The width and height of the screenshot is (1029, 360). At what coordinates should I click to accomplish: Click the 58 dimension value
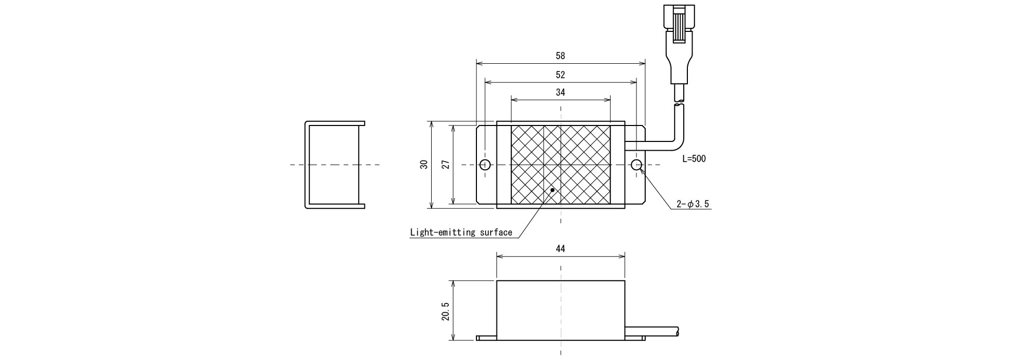point(560,56)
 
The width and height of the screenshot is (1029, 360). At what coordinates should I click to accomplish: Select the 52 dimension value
point(560,75)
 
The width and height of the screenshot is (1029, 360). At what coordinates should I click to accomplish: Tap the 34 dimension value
point(560,93)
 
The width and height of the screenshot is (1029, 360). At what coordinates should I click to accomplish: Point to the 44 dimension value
point(560,248)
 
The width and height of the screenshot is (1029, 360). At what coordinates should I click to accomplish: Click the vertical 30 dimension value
point(424,165)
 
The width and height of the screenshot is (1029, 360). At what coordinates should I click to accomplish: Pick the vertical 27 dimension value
point(446,165)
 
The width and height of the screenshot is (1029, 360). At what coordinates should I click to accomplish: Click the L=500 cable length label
point(694,159)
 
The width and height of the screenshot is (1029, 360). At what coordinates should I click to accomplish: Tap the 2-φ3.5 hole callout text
point(692,204)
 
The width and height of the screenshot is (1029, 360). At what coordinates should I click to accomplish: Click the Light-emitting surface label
point(461,232)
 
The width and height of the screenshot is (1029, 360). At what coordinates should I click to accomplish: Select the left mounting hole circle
point(485,165)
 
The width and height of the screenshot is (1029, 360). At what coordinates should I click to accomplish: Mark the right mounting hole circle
point(636,165)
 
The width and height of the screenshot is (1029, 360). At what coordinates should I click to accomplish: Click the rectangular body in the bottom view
point(560,310)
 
